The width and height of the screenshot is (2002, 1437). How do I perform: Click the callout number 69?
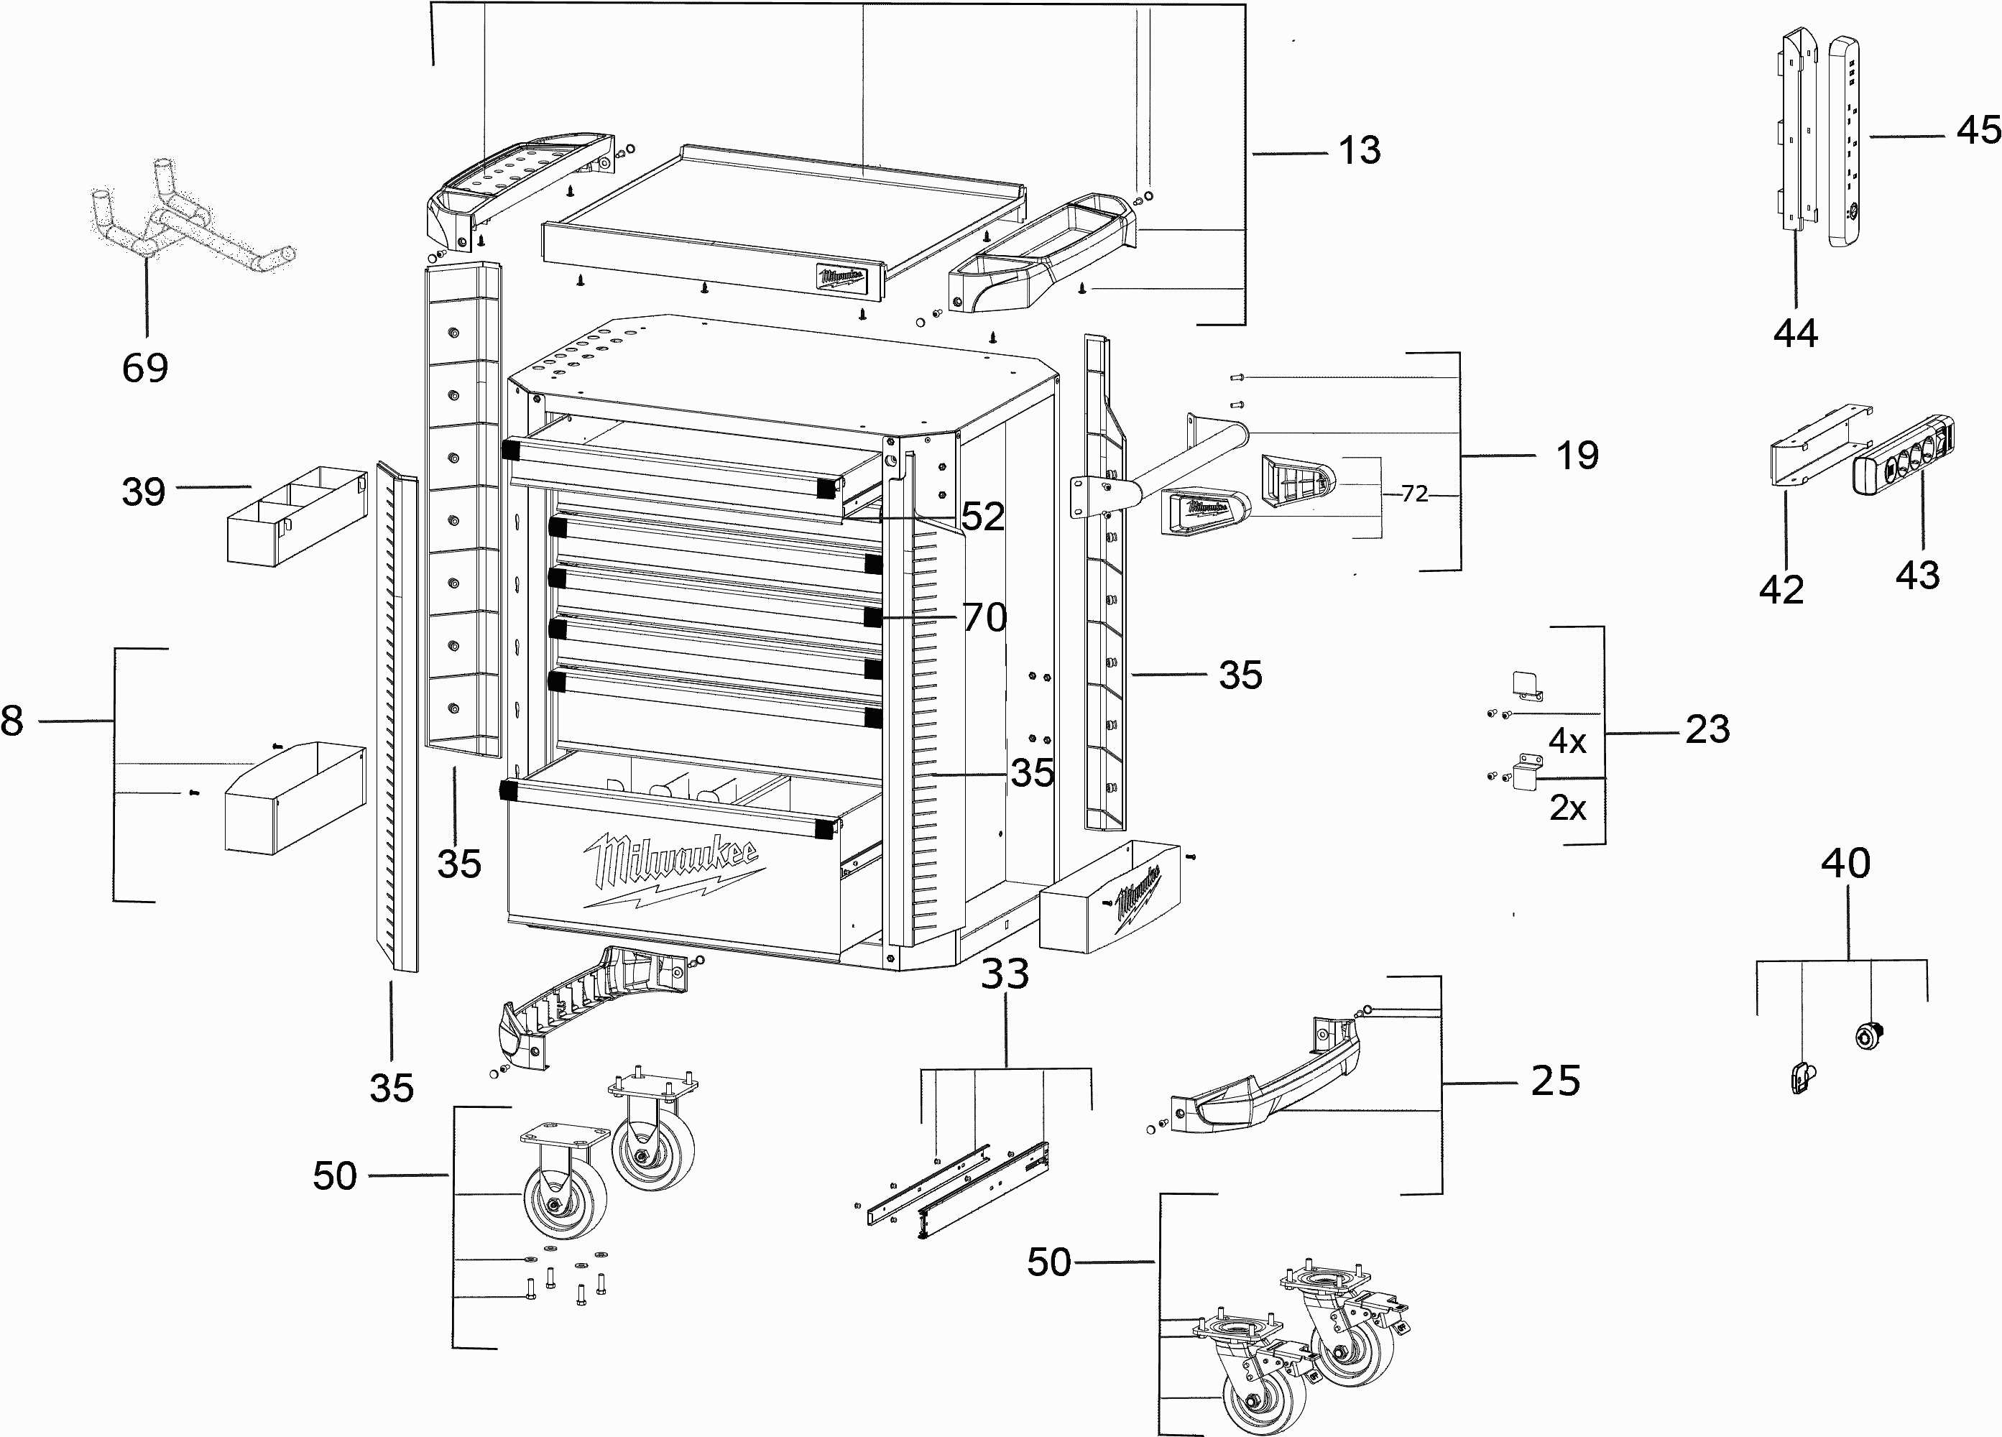pos(144,368)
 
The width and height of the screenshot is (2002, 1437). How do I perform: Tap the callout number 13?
pos(1360,151)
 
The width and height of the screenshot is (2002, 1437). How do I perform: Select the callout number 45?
pos(1978,131)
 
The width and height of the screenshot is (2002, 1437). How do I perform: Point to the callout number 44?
pos(1796,333)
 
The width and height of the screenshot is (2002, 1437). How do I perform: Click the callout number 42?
pos(1781,590)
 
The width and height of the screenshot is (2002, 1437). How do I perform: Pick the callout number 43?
pos(1917,576)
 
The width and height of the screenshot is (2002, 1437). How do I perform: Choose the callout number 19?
pos(1577,456)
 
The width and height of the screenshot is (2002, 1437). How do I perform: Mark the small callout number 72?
pos(1414,494)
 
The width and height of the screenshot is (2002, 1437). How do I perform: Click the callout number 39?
pos(143,491)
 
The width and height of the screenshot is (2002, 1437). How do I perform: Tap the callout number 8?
pos(12,721)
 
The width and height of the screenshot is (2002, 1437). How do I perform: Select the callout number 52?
pos(982,517)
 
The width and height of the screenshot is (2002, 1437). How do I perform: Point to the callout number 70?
pos(984,618)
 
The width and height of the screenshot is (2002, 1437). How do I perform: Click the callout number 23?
pos(1707,731)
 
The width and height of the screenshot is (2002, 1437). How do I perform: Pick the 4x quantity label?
pos(1568,741)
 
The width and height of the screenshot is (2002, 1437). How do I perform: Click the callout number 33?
pos(1005,974)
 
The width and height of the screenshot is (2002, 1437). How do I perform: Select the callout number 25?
pos(1555,1081)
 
